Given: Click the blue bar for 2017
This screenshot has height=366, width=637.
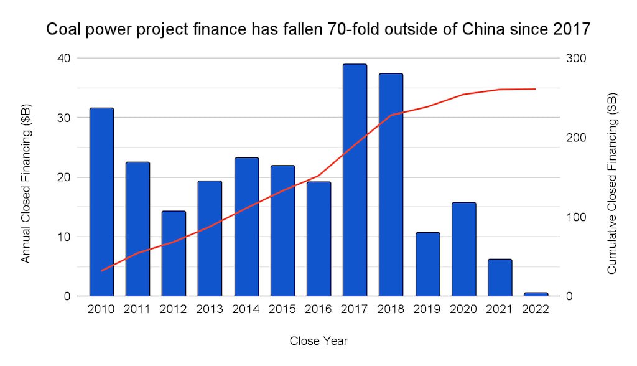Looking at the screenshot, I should coord(355,180).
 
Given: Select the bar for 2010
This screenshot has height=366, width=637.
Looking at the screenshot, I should coord(101,202).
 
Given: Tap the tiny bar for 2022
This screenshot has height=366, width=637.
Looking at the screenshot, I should coord(536,294).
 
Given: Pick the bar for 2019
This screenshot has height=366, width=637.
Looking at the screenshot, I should coord(427,264).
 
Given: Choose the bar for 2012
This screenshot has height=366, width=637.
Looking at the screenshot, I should coord(174,253).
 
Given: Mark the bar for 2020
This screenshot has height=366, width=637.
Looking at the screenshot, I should coord(463,249).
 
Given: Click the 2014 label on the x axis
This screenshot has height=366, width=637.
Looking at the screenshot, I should coord(246,310).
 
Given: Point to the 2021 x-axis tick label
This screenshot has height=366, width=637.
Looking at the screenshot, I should coord(500,310).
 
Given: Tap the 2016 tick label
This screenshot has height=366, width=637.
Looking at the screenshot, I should coord(318,310).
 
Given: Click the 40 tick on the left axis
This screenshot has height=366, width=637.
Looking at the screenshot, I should coord(64,58).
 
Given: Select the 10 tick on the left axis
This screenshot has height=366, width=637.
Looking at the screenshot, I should coord(64,237).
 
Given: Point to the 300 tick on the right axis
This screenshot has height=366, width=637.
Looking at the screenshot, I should coord(575,58).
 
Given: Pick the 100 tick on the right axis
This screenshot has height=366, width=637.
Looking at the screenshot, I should coord(575,217).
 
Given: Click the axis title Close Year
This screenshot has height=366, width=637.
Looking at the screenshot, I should coord(318,340).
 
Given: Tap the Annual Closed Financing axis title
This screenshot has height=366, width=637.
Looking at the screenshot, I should coord(26,183).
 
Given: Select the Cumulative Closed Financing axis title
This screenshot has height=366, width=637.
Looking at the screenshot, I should coord(612,183).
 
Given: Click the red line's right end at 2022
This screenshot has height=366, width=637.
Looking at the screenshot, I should coord(536,89).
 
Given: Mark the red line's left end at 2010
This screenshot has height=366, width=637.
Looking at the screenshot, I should coord(101,271).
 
